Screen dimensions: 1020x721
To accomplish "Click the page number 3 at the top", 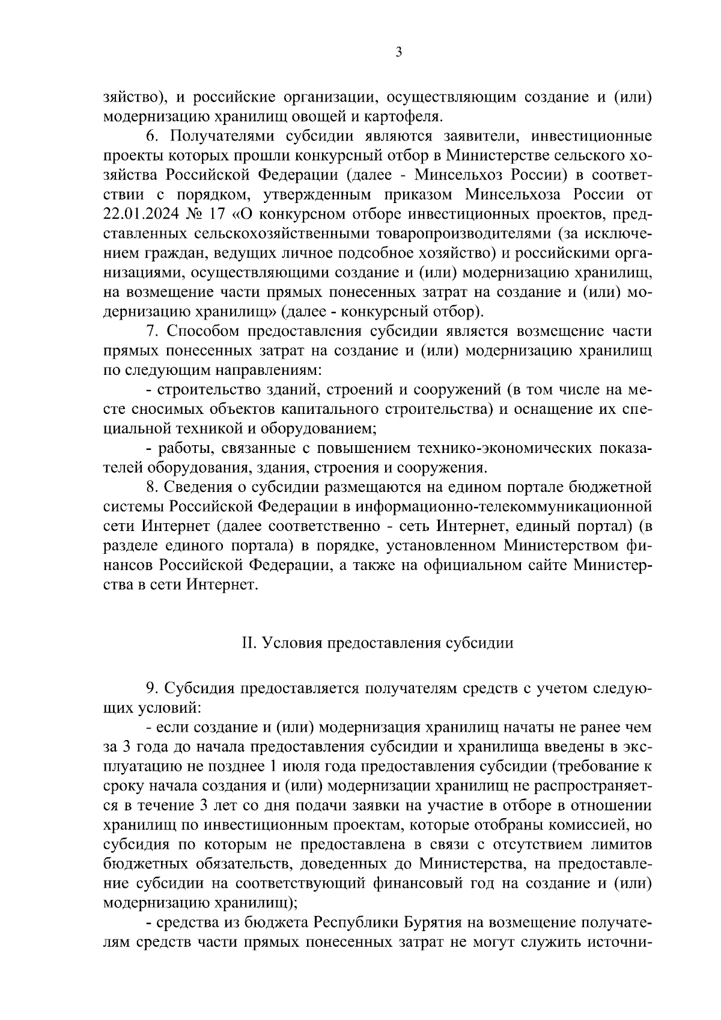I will [398, 52].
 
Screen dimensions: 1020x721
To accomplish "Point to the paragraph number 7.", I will [151, 332].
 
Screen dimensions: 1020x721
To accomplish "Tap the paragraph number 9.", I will [151, 688].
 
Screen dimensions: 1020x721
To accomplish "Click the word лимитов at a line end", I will [623, 844].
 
